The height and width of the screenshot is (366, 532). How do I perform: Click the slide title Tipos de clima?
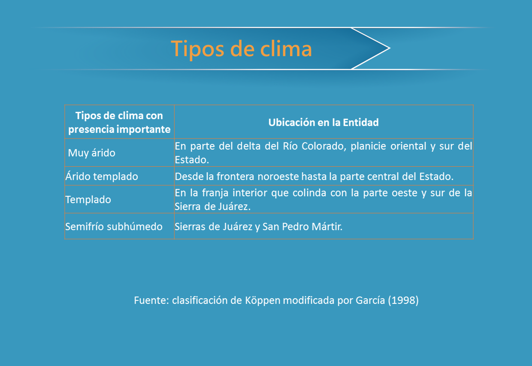(241, 49)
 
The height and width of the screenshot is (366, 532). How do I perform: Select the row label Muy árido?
(92, 153)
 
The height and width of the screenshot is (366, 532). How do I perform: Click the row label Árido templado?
(102, 176)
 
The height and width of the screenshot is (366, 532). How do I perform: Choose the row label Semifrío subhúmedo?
(114, 227)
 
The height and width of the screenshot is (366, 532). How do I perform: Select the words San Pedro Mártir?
(302, 227)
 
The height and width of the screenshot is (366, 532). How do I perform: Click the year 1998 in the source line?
(403, 300)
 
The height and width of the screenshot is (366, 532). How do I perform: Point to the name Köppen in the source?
(263, 300)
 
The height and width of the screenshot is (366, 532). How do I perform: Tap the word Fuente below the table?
(150, 300)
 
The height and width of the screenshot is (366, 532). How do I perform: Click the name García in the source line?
(370, 300)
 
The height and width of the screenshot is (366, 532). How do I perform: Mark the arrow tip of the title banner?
(390, 48)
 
